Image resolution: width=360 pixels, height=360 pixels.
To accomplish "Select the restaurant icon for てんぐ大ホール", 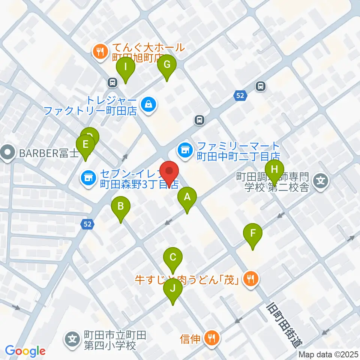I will point(100,52).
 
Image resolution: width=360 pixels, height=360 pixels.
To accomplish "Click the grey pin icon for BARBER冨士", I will point(7,153).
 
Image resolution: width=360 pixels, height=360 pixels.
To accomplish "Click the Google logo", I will point(25,351).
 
